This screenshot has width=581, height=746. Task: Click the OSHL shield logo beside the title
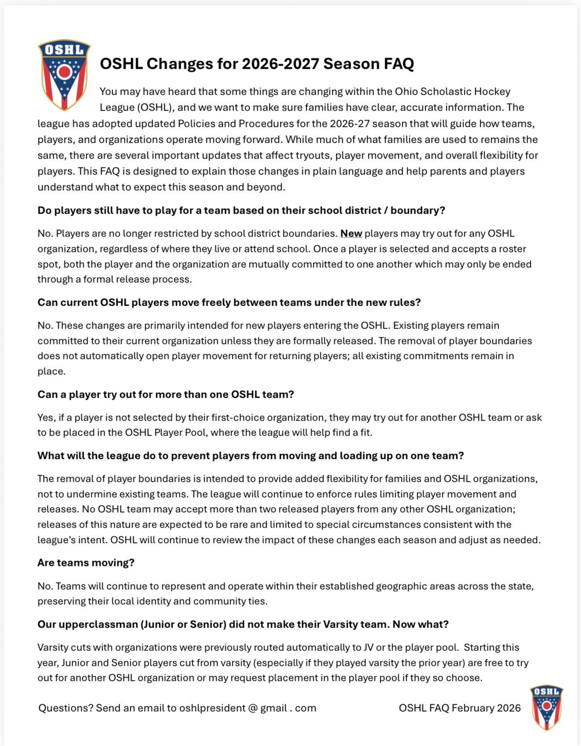(x=64, y=75)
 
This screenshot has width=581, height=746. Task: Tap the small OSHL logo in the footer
(x=546, y=707)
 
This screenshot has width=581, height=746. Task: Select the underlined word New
(x=351, y=233)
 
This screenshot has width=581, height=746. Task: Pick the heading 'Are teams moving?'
(x=86, y=563)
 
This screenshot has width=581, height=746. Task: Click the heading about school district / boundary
(x=241, y=211)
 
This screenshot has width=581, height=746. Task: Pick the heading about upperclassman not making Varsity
(x=243, y=624)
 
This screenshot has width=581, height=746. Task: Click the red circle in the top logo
(x=65, y=72)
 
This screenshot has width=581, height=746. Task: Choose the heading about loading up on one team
(x=250, y=456)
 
